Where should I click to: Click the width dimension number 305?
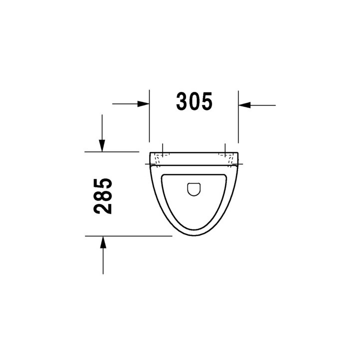coord(194,101)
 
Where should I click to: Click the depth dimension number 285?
coord(103,195)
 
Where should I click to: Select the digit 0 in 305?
coord(194,101)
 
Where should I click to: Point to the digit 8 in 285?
coord(103,195)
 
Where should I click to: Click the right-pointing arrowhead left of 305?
coord(144,104)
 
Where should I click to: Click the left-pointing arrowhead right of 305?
coord(243,105)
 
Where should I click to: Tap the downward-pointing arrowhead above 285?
coord(102,145)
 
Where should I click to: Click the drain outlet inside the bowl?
coord(193,188)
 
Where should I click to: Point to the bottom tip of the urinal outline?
coord(194,235)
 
